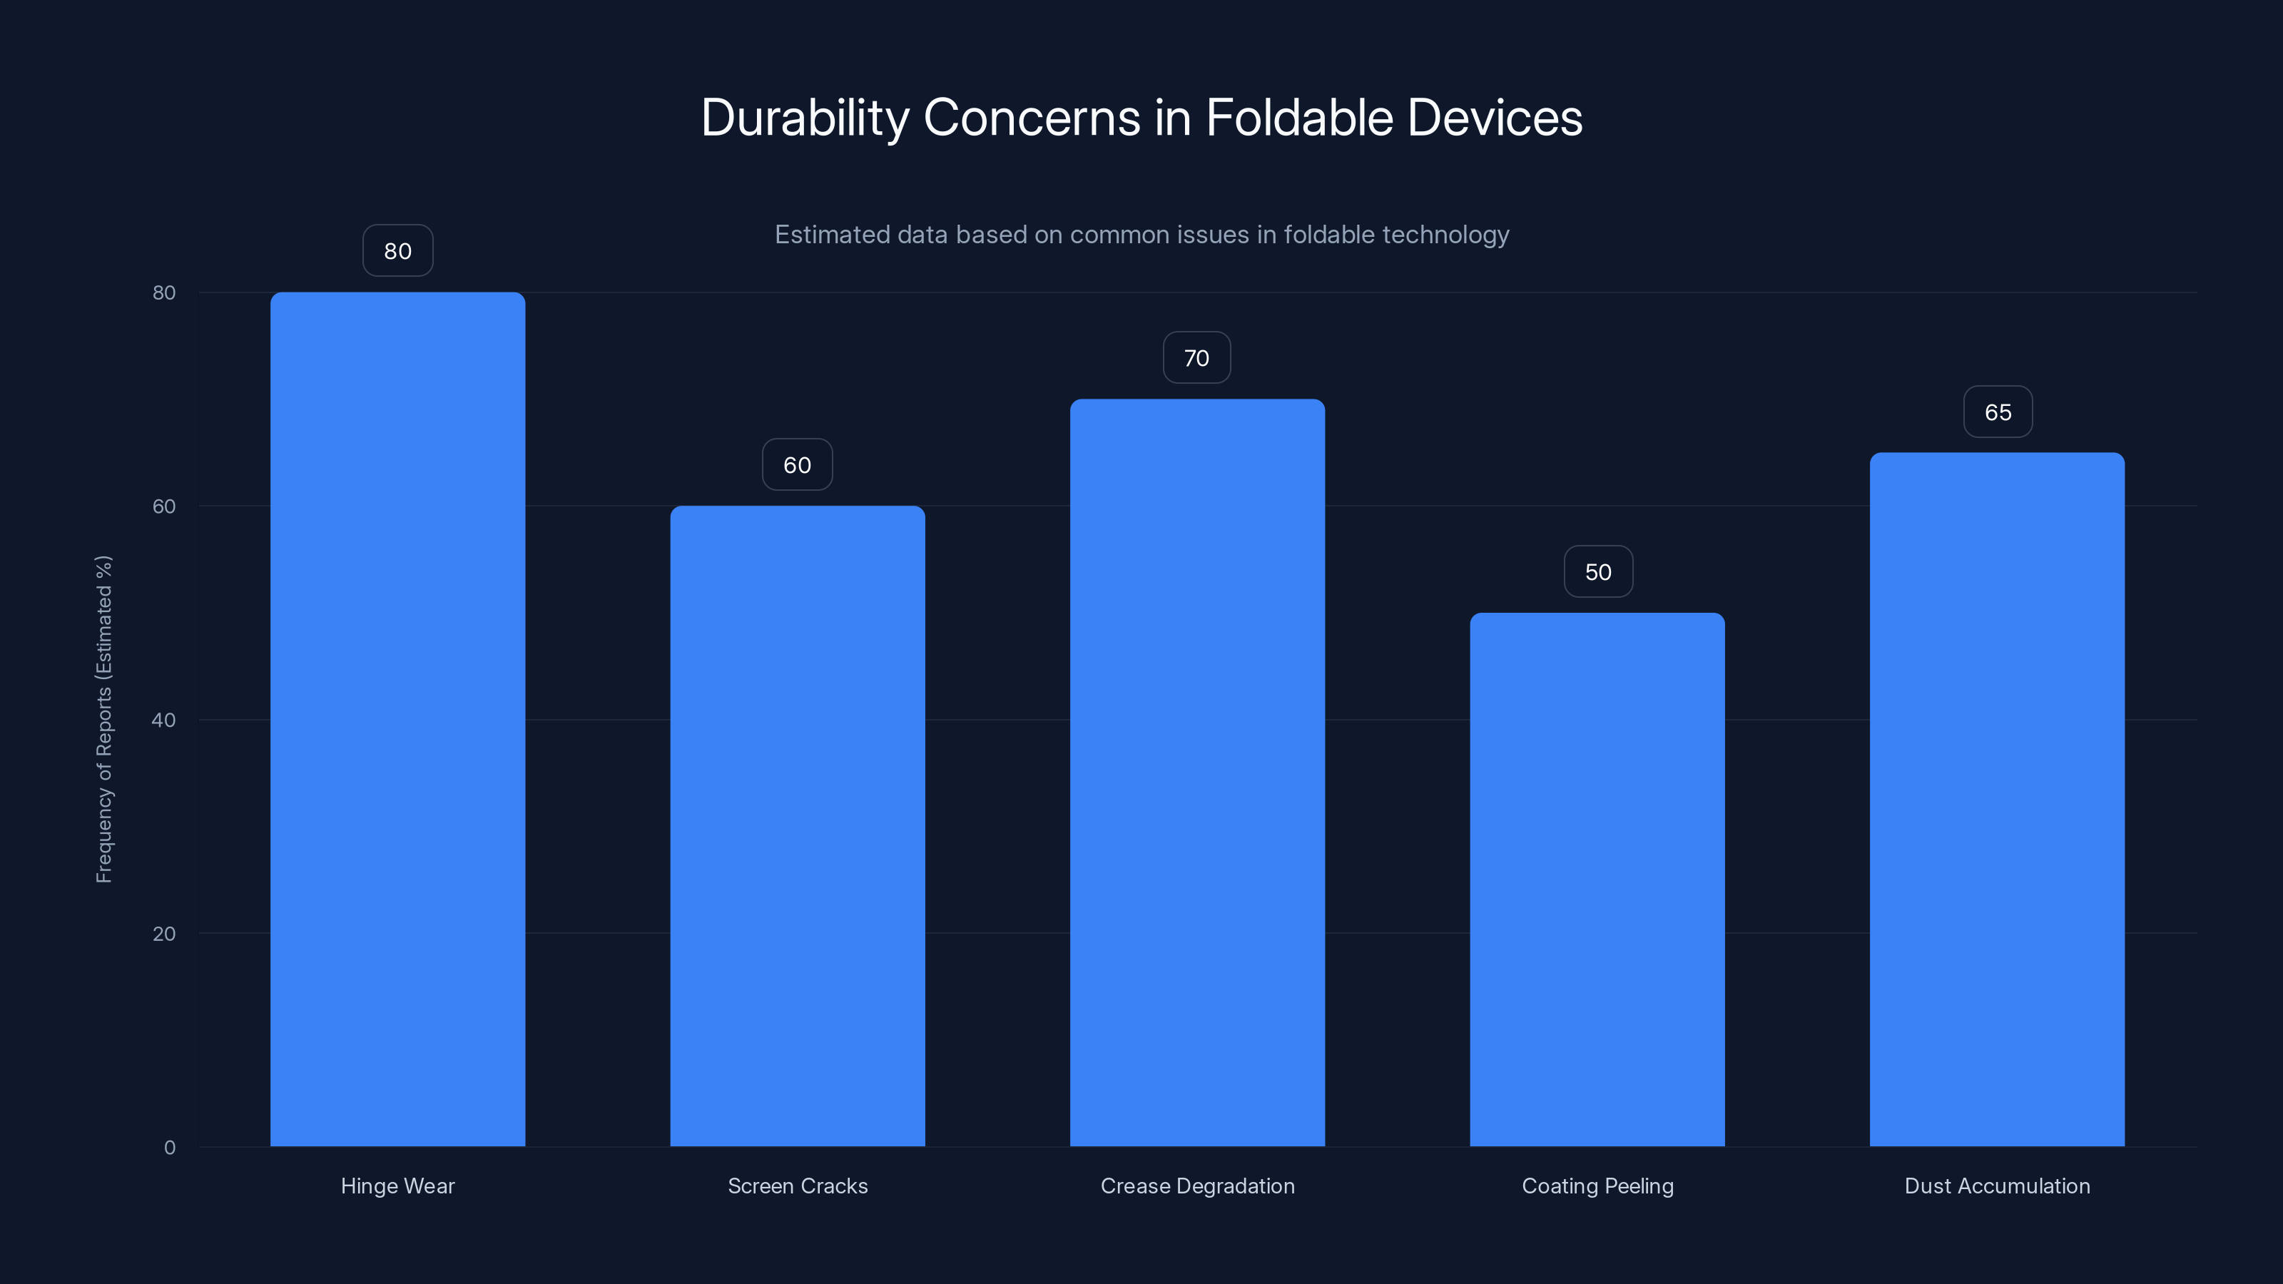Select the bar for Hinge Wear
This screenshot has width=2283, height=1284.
pos(397,718)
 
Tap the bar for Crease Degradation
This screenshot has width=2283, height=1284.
pos(1197,772)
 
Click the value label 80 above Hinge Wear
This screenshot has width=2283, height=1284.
pos(398,251)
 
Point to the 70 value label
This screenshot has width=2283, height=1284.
pos(1196,358)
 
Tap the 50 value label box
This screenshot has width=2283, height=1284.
pos(1598,571)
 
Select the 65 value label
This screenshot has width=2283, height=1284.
pos(1998,412)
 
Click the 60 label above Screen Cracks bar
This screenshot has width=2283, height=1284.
pos(797,465)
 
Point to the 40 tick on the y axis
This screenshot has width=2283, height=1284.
pos(164,720)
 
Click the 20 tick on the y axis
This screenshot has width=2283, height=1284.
pos(164,933)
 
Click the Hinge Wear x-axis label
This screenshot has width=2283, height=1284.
pos(397,1186)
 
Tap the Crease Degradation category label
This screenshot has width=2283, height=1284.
pos(1197,1186)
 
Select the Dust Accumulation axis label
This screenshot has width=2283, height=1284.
pos(1997,1186)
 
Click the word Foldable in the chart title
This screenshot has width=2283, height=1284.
pos(1299,118)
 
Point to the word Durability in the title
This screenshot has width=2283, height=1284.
pos(805,118)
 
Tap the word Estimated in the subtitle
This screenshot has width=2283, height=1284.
pos(831,235)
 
